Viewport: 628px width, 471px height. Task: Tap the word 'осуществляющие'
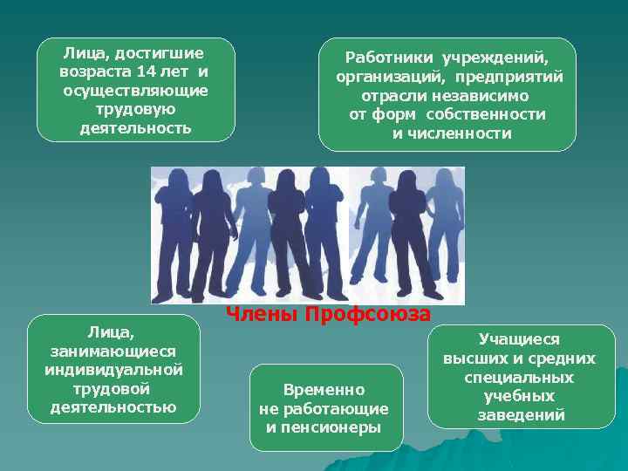135,90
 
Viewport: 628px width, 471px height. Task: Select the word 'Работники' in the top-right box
390,58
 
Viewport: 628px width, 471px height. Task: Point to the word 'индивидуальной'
113,369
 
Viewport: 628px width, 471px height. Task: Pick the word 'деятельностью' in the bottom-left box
113,406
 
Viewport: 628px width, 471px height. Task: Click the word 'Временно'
324,390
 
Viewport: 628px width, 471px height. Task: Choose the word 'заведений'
521,415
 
